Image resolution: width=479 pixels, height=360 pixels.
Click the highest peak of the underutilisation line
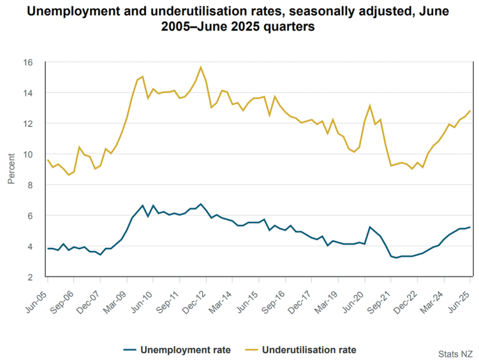201,67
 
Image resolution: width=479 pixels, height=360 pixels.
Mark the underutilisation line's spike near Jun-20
370,106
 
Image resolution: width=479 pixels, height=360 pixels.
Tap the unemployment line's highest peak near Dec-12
201,204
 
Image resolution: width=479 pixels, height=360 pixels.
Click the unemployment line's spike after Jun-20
370,227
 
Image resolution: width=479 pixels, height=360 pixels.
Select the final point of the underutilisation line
470,111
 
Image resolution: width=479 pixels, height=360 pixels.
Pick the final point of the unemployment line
470,227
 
